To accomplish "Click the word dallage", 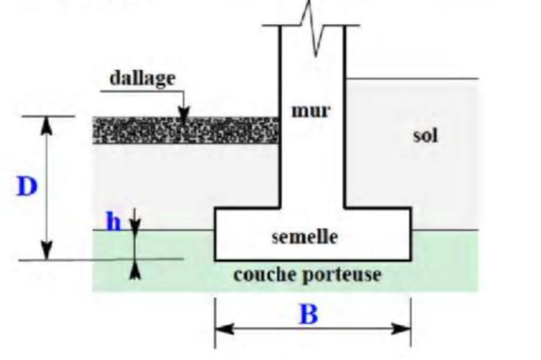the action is tap(142, 79).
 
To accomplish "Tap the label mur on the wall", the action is tap(311, 111).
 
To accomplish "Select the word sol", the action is tap(425, 135).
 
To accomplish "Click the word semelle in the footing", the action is tap(304, 237).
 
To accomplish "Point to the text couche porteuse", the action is tap(307, 275).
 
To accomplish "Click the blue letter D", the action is tap(27, 187).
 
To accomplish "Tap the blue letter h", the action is tap(113, 222).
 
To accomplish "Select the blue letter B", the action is tap(309, 314).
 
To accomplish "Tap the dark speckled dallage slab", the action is tap(186, 130).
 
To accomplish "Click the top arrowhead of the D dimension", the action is tap(46, 125).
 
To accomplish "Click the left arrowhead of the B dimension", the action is tap(224, 328).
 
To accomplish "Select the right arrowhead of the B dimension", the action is tap(402, 328).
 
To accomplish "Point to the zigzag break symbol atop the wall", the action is tap(313, 27).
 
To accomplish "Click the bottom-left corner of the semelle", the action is tap(215, 260).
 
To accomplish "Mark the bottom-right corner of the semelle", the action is tap(411, 260).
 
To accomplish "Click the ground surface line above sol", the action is tap(412, 79).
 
